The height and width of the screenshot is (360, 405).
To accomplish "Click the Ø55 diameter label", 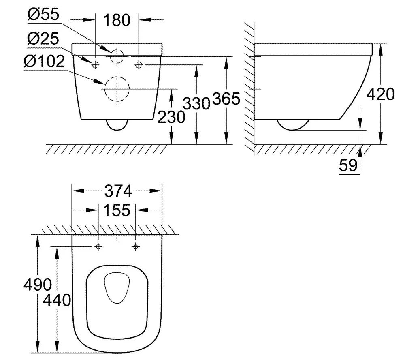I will [x=44, y=15].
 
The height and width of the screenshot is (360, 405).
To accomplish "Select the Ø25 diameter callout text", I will [x=44, y=39].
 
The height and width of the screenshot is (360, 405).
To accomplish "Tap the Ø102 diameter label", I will [x=44, y=62].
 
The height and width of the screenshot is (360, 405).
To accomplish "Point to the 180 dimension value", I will [x=117, y=20].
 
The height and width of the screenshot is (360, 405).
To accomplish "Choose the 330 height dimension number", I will [x=196, y=103].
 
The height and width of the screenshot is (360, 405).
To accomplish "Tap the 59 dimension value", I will [x=349, y=165].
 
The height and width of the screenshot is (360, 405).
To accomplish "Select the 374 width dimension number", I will [x=117, y=191].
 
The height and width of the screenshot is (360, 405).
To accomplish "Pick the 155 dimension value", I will [x=117, y=210].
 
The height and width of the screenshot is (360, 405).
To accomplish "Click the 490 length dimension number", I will [x=37, y=285].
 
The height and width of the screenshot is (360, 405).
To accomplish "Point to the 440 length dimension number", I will [x=57, y=300].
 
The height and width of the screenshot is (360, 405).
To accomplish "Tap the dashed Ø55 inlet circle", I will [x=117, y=55].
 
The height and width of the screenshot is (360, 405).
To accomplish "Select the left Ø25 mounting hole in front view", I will [x=95, y=64].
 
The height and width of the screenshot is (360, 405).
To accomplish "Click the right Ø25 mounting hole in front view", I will [x=139, y=64].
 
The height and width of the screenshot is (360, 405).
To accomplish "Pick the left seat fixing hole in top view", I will [x=98, y=246].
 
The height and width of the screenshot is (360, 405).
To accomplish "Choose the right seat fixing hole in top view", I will [x=136, y=246].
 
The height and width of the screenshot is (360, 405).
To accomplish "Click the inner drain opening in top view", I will [x=117, y=288].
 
